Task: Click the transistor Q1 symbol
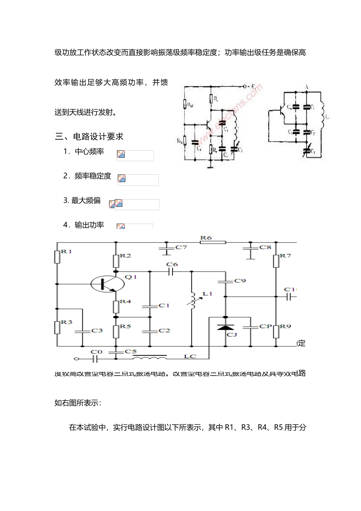click(x=108, y=284)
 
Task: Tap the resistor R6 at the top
click(x=213, y=242)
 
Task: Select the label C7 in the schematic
click(x=181, y=248)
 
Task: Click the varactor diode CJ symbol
click(x=225, y=327)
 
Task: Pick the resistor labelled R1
click(x=57, y=257)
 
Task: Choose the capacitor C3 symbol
click(x=82, y=331)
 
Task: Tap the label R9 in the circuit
click(x=285, y=326)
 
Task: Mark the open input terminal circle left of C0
click(x=76, y=359)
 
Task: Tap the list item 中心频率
click(x=89, y=151)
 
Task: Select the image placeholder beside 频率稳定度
click(x=138, y=179)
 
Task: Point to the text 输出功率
click(x=89, y=225)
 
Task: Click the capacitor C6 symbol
click(x=172, y=271)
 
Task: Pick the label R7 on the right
click(x=285, y=256)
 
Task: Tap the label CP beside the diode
click(x=266, y=326)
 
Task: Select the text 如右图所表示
click(x=78, y=403)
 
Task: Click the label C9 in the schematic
click(x=240, y=281)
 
